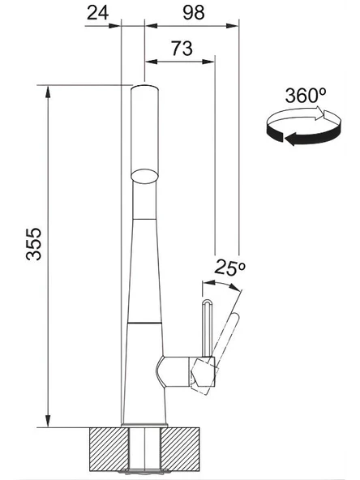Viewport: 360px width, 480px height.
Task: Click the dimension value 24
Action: coord(97,12)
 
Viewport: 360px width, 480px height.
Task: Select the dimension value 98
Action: coord(192,12)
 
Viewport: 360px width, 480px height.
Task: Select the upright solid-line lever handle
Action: coord(205,328)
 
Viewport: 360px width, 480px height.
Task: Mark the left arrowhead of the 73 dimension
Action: coord(151,59)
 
